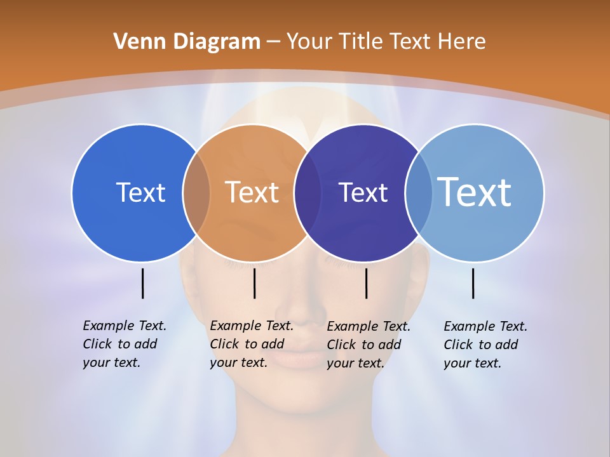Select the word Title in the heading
(x=359, y=42)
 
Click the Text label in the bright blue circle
(x=140, y=192)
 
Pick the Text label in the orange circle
(x=252, y=192)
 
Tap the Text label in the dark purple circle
(x=363, y=192)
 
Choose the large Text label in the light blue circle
(x=474, y=192)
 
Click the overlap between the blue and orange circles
(x=196, y=193)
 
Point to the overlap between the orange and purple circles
(x=308, y=193)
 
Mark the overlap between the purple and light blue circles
(x=419, y=193)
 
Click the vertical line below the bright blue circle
(x=142, y=283)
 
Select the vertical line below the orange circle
(x=254, y=283)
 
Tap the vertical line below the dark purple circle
(x=366, y=283)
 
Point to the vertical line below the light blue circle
(x=473, y=283)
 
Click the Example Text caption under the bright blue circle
(x=125, y=344)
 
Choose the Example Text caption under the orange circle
(x=252, y=344)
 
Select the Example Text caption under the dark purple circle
(x=369, y=345)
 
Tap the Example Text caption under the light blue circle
(x=485, y=345)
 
